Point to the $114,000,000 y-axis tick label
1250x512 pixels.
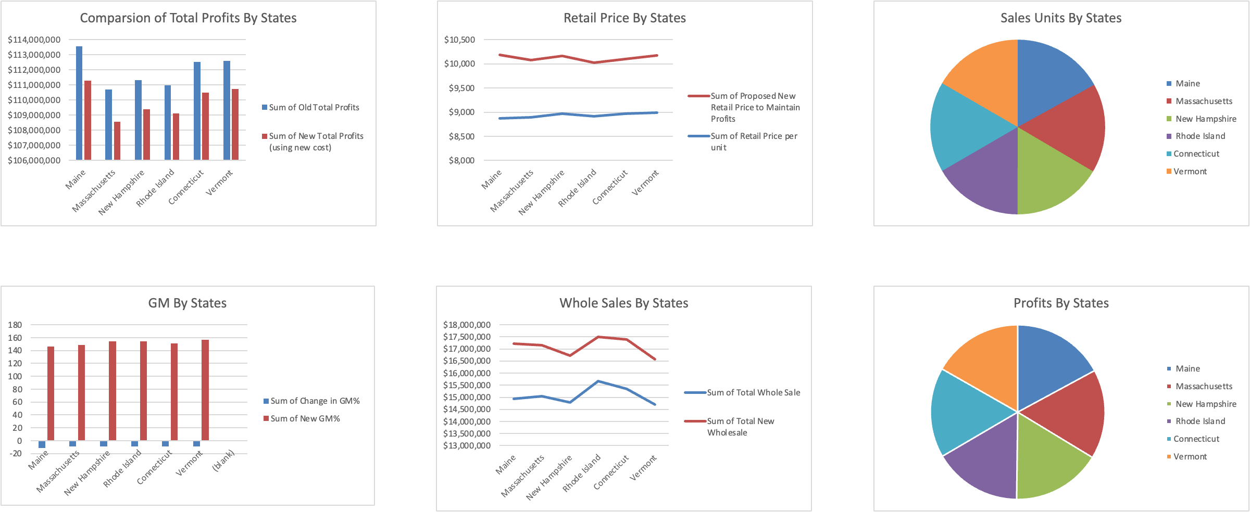[34, 40]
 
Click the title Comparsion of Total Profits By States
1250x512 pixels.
[188, 18]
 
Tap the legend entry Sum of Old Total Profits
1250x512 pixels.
[314, 107]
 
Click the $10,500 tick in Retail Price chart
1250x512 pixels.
[459, 40]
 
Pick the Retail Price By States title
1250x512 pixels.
[624, 18]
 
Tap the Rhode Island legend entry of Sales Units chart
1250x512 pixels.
[1200, 136]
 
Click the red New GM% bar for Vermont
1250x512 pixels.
[205, 390]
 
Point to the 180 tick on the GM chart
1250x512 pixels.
[15, 325]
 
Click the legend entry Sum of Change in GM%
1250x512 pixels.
[315, 401]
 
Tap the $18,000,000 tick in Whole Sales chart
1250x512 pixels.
[467, 325]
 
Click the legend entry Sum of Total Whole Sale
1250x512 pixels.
[753, 392]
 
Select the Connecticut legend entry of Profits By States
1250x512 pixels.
[1196, 439]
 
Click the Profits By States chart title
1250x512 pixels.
[1061, 303]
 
